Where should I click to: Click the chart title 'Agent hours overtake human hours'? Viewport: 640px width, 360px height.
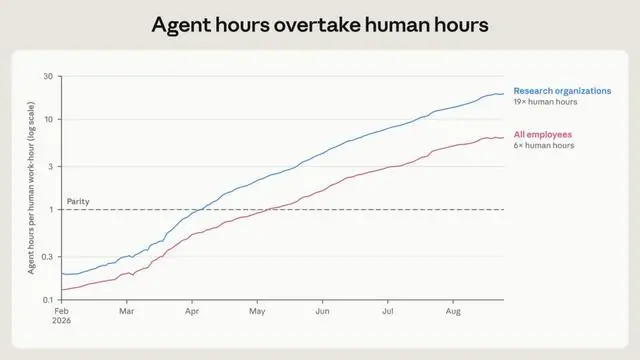click(320, 25)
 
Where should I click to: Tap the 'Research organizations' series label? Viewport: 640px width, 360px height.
click(562, 91)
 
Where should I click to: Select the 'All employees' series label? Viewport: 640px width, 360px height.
click(542, 135)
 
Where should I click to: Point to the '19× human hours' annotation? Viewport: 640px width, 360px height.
click(545, 102)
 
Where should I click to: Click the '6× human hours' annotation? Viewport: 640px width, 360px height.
click(544, 146)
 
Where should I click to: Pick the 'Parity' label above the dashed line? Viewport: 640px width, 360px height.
click(78, 202)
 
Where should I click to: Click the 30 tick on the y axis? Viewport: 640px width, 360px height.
click(48, 76)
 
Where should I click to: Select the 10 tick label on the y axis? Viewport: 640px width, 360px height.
click(49, 120)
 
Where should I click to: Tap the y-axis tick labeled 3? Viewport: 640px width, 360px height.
click(51, 167)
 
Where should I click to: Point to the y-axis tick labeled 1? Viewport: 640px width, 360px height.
click(51, 210)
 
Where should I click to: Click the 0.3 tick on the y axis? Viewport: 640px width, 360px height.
click(48, 257)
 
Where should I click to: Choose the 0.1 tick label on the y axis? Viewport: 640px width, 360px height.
click(49, 300)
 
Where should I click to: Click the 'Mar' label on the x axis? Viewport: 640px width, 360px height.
click(127, 311)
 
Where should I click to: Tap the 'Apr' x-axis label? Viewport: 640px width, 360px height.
click(192, 311)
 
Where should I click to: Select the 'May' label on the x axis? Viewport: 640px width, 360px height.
click(257, 311)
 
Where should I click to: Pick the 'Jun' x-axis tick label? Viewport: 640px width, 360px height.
click(322, 311)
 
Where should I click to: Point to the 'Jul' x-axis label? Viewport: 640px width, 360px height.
click(388, 311)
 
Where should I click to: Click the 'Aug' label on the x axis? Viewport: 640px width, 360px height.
click(453, 311)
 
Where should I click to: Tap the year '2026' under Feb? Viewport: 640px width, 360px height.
click(62, 321)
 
